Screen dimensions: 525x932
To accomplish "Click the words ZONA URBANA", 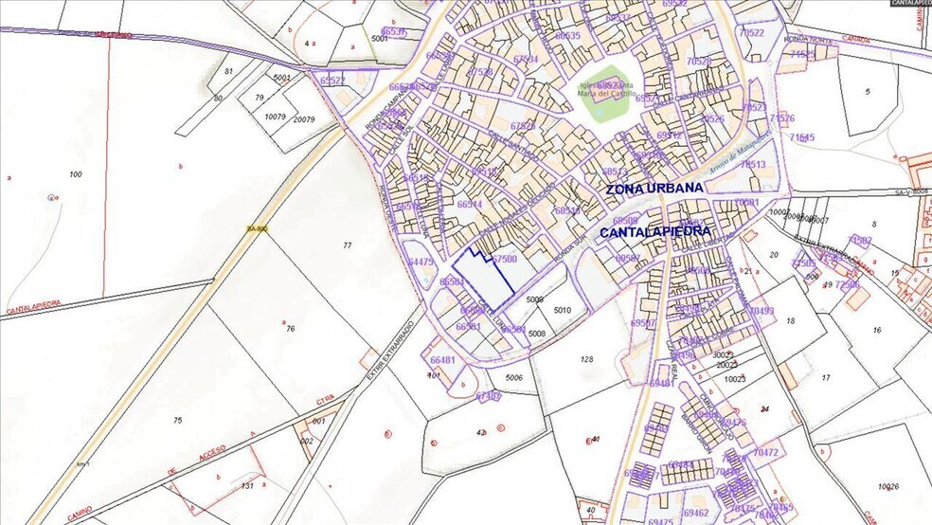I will click(x=654, y=188).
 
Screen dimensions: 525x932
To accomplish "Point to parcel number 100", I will click(x=76, y=174).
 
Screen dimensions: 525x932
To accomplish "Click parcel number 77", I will click(x=347, y=245).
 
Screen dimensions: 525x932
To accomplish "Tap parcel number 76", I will click(x=291, y=329).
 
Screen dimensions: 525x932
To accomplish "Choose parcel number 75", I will click(x=176, y=420).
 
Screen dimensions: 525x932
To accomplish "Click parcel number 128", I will click(x=586, y=359).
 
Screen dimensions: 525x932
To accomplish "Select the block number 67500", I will click(x=505, y=259).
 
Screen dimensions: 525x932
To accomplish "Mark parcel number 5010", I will click(x=564, y=310).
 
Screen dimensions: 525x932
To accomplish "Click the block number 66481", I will click(x=442, y=360).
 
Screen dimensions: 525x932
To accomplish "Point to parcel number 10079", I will click(x=275, y=117).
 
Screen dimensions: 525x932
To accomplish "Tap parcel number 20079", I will click(x=304, y=119).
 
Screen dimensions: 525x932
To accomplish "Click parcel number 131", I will click(x=247, y=485).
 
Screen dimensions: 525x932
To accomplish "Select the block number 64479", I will click(x=421, y=262).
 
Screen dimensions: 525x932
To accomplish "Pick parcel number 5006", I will click(x=514, y=378).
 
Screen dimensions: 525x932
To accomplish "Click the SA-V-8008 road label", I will click(x=912, y=190).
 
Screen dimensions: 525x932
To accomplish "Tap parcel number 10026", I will click(x=888, y=487).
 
